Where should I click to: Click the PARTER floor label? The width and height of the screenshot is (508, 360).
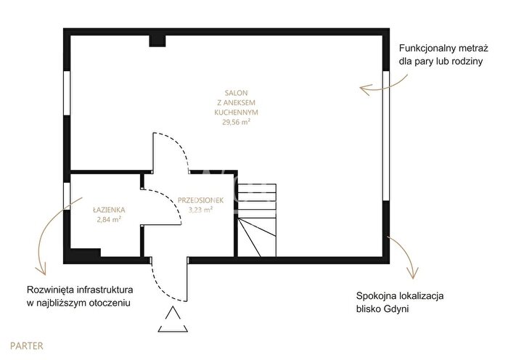coord(27,345)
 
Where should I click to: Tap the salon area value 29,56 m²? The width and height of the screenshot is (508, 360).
coord(236,122)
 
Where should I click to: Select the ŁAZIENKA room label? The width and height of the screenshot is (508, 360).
coord(109,210)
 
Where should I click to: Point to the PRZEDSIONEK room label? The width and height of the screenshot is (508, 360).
coord(200,200)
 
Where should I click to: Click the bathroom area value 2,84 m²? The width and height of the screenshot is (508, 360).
coord(109,219)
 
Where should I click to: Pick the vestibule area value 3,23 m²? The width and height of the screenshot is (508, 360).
coord(200,210)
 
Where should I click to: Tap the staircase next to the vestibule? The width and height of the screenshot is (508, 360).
coord(257,221)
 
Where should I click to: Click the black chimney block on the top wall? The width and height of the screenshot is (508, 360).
coord(157,41)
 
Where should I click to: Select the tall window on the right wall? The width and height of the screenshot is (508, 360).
coord(386,136)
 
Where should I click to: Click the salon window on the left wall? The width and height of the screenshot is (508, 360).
coord(67,93)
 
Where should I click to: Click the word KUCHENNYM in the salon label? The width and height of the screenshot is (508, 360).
coord(236,112)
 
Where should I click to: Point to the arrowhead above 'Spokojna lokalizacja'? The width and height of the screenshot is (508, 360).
coord(414,274)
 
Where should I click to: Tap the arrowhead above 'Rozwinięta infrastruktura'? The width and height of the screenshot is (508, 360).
coord(41,269)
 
